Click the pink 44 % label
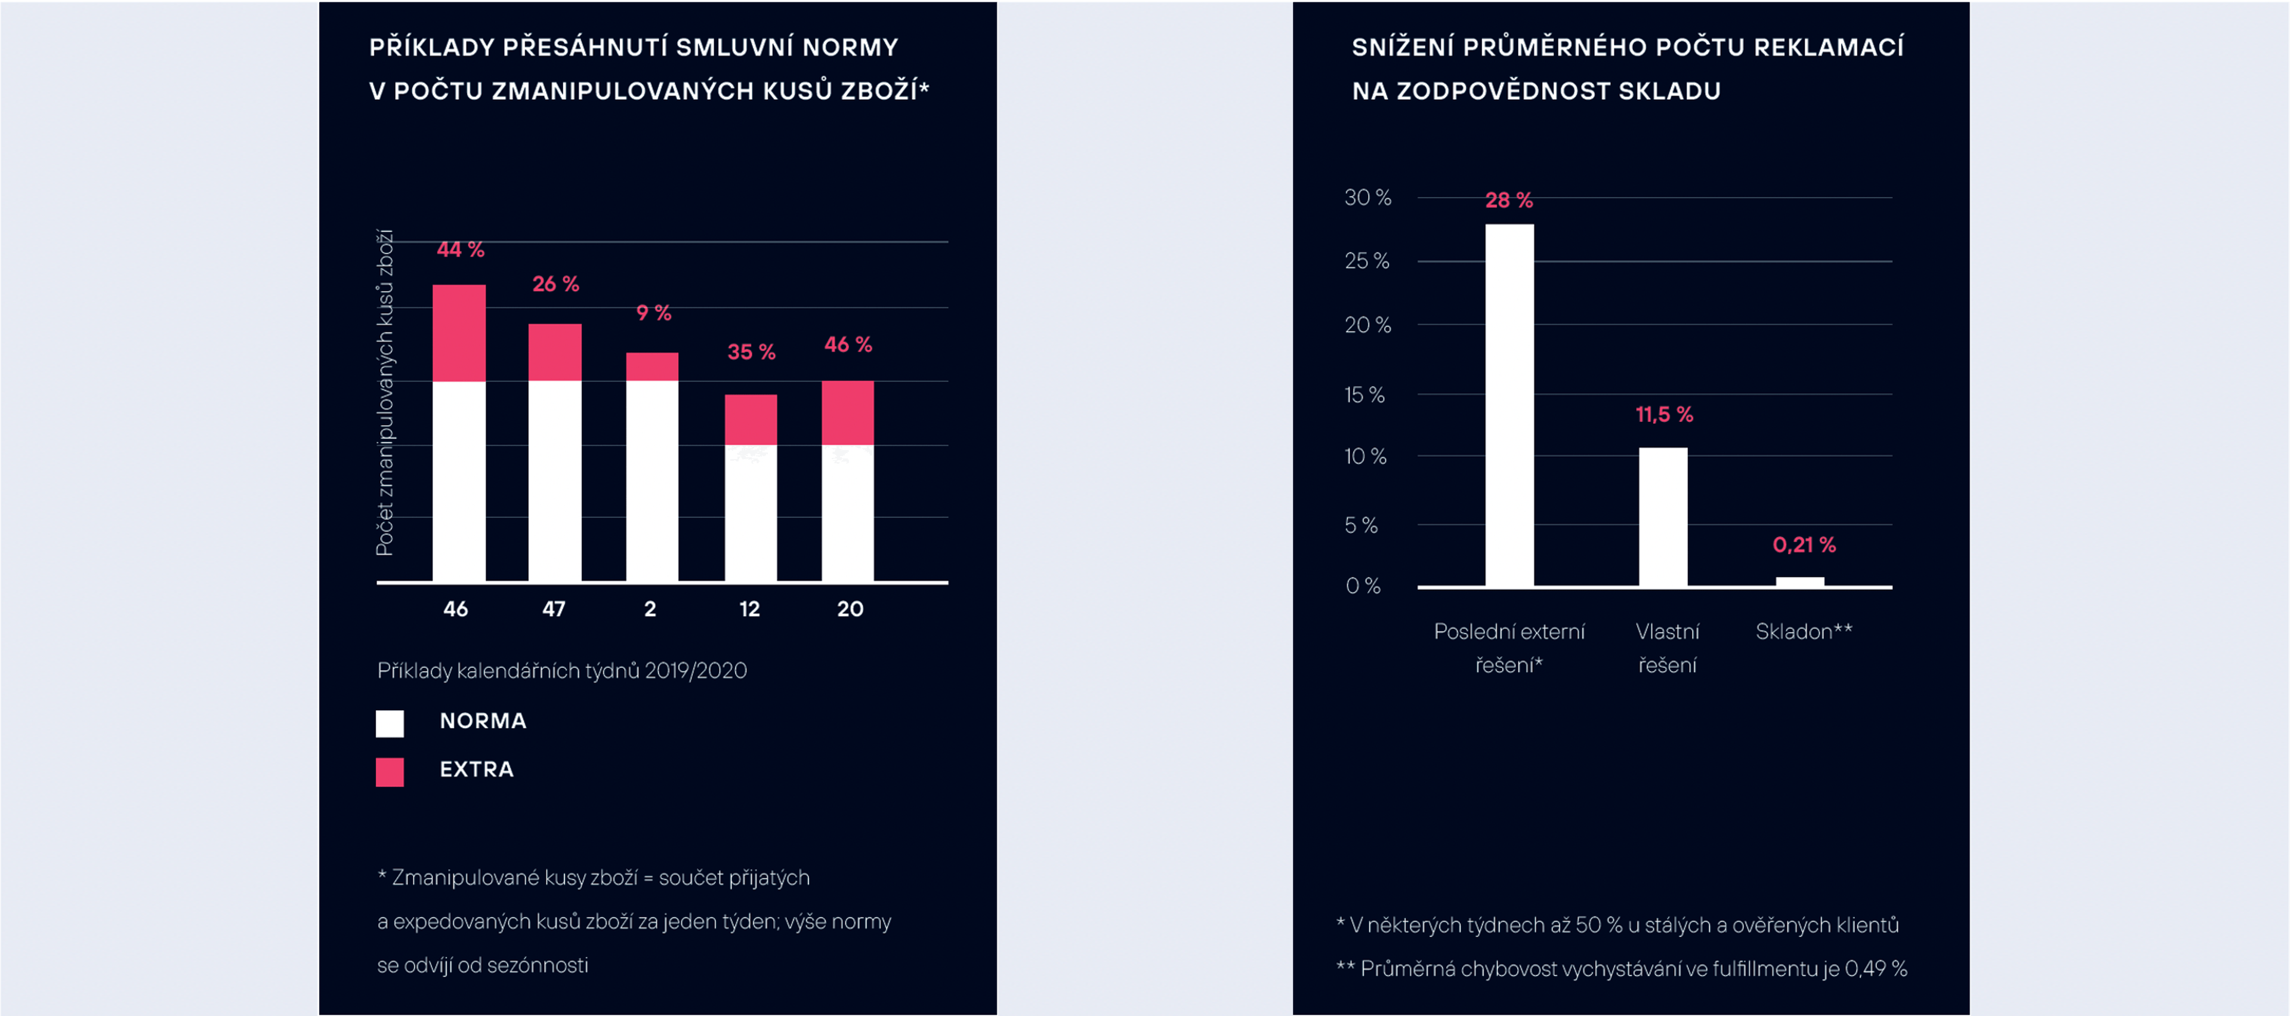click(x=461, y=250)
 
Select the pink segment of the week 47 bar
click(x=555, y=352)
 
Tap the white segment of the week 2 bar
click(x=652, y=481)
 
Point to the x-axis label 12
click(x=750, y=609)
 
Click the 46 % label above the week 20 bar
click(x=848, y=344)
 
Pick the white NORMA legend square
click(x=390, y=723)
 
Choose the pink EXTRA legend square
click(x=390, y=771)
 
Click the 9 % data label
click(x=654, y=313)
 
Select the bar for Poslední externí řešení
click(x=1509, y=405)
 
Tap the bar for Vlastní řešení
click(x=1663, y=516)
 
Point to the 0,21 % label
click(x=1804, y=544)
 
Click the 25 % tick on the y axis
click(x=1367, y=261)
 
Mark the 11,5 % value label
click(x=1664, y=415)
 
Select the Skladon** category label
click(x=1804, y=632)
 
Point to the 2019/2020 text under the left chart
click(x=696, y=671)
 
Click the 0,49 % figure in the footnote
click(x=1876, y=969)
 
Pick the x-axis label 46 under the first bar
click(x=455, y=609)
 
